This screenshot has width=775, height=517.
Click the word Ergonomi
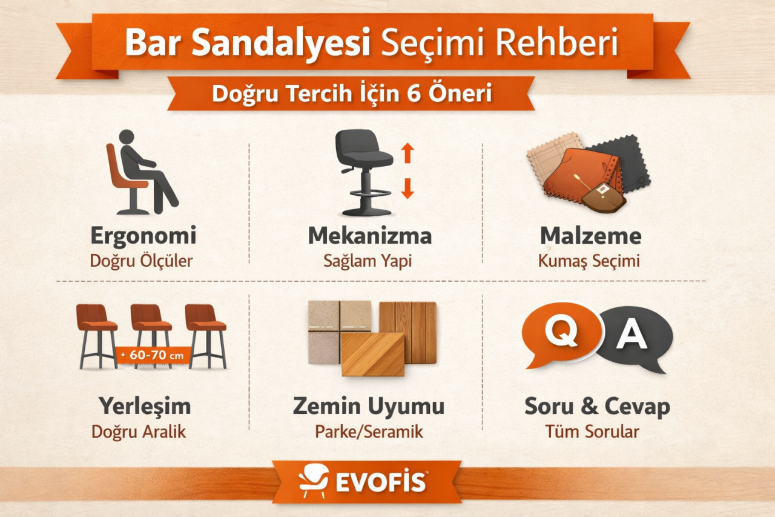(x=143, y=236)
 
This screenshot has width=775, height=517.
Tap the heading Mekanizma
(x=369, y=236)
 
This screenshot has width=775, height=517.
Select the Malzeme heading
(x=590, y=236)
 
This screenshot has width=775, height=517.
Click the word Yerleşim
(x=145, y=405)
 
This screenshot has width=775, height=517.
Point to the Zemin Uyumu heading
(x=369, y=407)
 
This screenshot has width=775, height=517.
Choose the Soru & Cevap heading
(x=597, y=407)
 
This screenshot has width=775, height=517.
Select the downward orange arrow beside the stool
(x=407, y=188)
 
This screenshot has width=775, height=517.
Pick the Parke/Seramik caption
(x=369, y=432)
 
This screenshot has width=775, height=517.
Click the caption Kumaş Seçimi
(x=589, y=261)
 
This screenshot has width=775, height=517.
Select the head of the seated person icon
(x=127, y=137)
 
